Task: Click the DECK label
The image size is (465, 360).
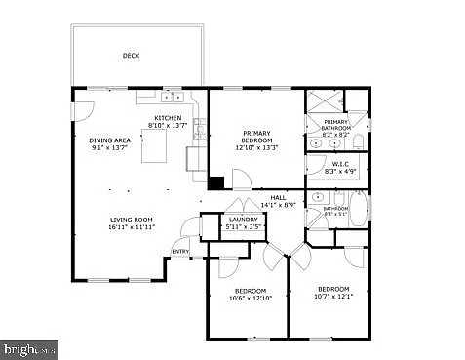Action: (131, 56)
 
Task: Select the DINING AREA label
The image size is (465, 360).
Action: (110, 140)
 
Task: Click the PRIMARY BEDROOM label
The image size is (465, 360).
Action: (257, 138)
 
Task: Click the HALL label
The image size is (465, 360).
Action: (278, 198)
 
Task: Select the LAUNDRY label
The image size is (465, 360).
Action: (243, 220)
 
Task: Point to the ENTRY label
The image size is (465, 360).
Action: (180, 252)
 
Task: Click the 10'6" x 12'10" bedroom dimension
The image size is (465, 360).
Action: (249, 298)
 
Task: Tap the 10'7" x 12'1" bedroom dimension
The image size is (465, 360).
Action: (333, 296)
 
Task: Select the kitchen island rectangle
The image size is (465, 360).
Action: (157, 150)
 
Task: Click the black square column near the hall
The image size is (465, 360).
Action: (216, 182)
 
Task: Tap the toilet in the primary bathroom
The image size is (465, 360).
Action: (358, 143)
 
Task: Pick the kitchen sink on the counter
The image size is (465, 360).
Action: (174, 98)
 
